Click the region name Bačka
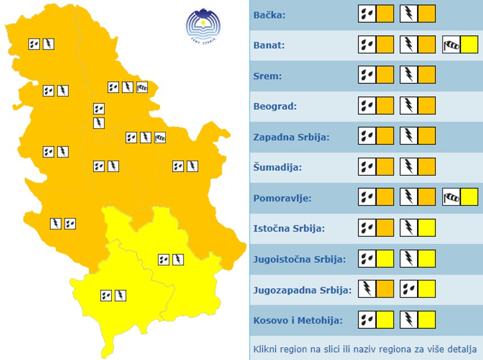[269, 15]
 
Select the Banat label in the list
[269, 45]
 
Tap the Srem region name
[267, 76]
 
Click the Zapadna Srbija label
[291, 137]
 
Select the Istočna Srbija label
[289, 229]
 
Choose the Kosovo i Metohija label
[298, 320]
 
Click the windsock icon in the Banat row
[451, 44]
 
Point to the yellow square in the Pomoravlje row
[469, 197]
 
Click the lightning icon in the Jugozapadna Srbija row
[367, 289]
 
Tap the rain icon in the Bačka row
[367, 14]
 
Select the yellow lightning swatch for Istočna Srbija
[427, 228]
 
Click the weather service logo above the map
[202, 26]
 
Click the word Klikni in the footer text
[265, 349]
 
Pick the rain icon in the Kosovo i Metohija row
[367, 320]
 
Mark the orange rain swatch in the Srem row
[385, 75]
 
